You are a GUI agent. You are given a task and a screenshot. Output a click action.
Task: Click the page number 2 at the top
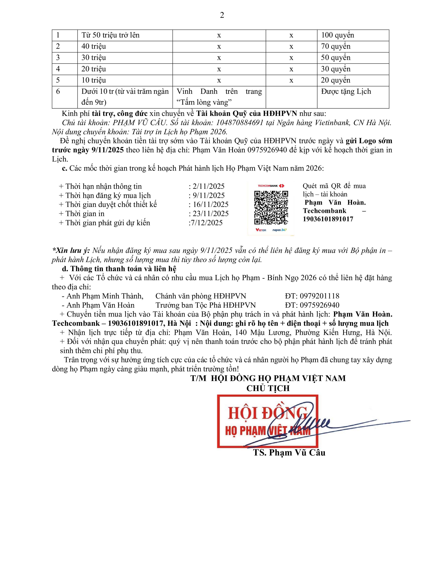tap(222, 15)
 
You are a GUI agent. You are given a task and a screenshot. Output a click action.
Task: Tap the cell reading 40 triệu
tap(94, 46)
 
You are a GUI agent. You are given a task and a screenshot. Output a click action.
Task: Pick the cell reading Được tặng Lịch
tap(346, 92)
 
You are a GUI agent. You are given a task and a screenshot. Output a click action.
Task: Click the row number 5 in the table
tap(58, 80)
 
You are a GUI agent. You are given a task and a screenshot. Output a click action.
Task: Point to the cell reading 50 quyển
tap(336, 58)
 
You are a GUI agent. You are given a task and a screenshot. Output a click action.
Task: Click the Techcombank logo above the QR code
tap(271, 186)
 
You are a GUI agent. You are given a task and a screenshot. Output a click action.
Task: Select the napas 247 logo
tap(279, 230)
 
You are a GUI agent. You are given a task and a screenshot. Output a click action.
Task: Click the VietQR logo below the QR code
tap(261, 230)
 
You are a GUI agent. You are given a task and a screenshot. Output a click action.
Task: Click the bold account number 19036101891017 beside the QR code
tap(328, 219)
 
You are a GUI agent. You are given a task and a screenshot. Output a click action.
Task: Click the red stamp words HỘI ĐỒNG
tap(267, 413)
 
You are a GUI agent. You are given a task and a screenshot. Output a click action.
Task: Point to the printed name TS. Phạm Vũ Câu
tap(289, 453)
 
